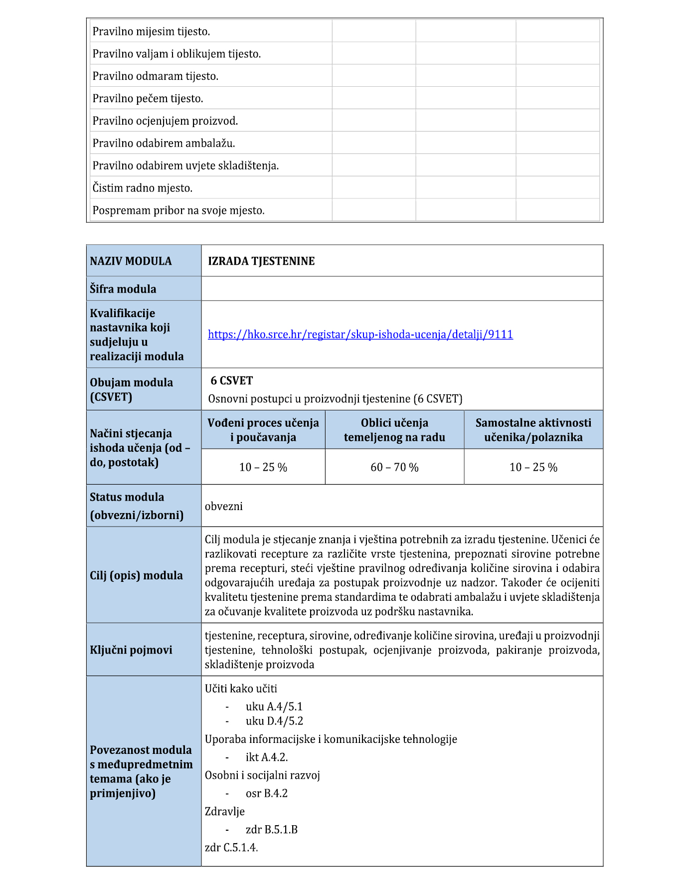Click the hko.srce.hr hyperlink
click(x=360, y=335)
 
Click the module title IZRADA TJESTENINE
click(x=261, y=261)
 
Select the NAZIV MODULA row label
click(x=131, y=261)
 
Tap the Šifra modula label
click(x=123, y=289)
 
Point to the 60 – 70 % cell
click(x=394, y=467)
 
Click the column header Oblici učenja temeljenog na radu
click(x=394, y=430)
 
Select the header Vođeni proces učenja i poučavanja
click(x=263, y=430)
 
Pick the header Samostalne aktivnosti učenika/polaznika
click(x=533, y=430)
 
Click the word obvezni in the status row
click(x=224, y=507)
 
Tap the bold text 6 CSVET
click(x=232, y=381)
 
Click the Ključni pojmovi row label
click(x=131, y=650)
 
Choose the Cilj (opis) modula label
click(x=136, y=575)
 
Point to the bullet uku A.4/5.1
click(x=274, y=707)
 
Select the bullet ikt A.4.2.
click(x=267, y=757)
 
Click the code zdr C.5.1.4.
click(x=231, y=848)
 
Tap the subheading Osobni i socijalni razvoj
click(x=262, y=775)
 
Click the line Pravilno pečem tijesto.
click(x=148, y=99)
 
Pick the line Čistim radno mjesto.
click(x=142, y=188)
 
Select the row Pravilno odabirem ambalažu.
click(x=164, y=144)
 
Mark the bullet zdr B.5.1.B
click(x=271, y=830)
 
